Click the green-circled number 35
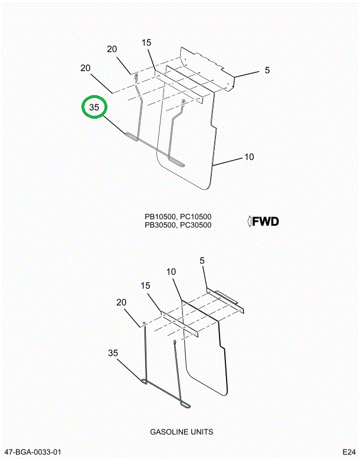pos(94,108)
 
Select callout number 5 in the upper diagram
pos(267,70)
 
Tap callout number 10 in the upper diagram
pos(249,157)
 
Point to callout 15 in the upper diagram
pos(146,43)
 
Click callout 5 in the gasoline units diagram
pos(202,261)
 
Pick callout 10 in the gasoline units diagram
pos(171,272)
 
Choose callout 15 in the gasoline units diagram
pos(146,285)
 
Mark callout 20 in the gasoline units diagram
pos(122,302)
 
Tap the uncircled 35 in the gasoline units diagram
pos(113,353)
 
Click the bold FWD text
pos(265,222)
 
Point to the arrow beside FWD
pos(249,222)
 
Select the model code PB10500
pos(160,217)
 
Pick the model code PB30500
pos(160,225)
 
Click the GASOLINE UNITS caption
pos(181,432)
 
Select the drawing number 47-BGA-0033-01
pos(32,452)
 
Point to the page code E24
pos(349,452)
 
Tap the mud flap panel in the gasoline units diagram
pos(207,360)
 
